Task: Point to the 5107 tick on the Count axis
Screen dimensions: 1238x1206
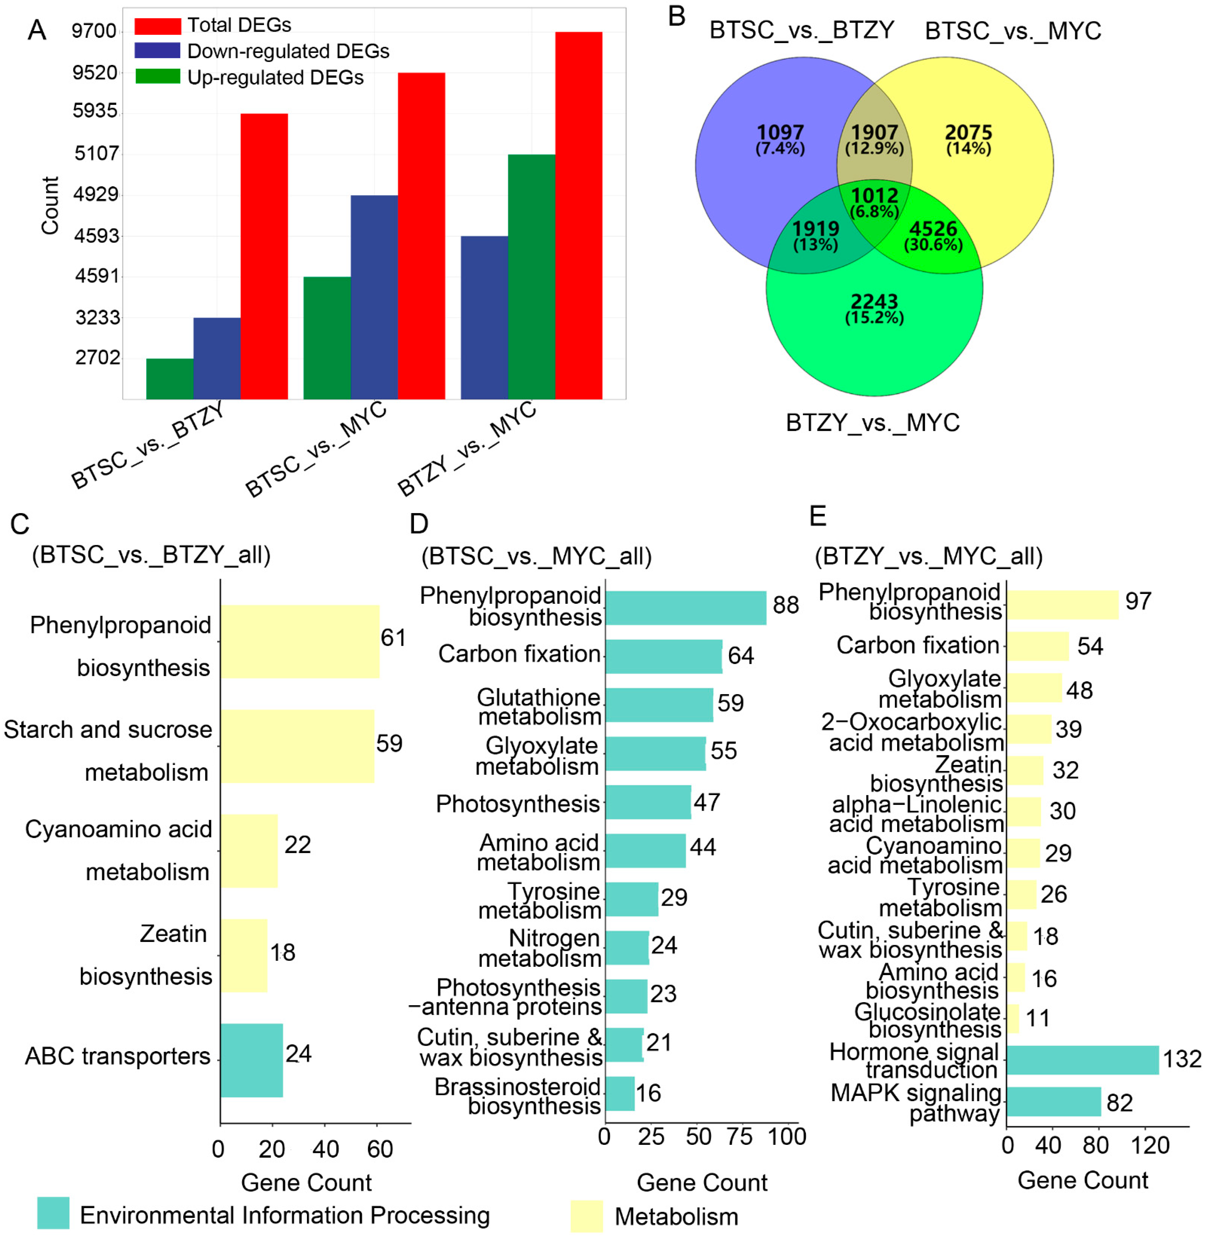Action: [96, 153]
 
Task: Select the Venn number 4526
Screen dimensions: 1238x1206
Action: [933, 229]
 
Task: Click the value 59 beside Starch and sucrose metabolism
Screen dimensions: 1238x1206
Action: [389, 743]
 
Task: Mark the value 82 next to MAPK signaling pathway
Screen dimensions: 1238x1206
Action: [1119, 1103]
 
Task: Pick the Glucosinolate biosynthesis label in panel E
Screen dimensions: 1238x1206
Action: [928, 1020]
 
